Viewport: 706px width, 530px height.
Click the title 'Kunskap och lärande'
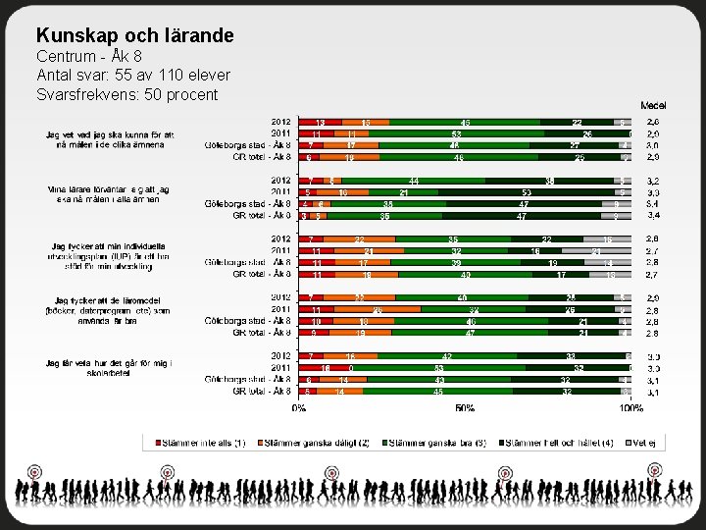pos(134,36)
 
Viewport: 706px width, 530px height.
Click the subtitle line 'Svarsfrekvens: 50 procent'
pos(126,94)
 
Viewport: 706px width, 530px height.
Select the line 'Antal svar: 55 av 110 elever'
pos(133,76)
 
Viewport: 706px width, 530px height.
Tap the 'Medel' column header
pos(653,105)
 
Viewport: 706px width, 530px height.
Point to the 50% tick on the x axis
pos(465,407)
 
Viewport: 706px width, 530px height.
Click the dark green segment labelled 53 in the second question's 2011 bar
pos(527,192)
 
